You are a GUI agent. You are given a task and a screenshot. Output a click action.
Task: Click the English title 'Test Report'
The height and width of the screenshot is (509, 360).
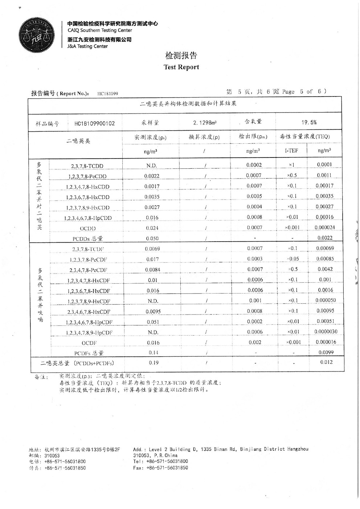(181, 67)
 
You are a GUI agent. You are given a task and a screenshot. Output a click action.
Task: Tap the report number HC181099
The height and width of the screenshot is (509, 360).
(108, 94)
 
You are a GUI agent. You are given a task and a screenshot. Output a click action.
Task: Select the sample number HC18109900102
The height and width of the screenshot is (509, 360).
(94, 123)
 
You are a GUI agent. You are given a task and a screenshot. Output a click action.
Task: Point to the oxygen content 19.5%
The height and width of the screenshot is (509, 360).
(309, 123)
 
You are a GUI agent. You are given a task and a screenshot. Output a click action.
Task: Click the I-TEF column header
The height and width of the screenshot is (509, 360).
(291, 150)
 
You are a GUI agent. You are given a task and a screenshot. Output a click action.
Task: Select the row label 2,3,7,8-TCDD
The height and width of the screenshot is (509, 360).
(87, 166)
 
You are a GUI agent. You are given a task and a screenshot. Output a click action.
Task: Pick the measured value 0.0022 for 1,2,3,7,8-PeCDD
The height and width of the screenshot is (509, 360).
(152, 176)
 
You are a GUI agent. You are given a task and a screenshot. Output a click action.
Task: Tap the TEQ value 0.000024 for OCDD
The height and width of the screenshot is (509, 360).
(325, 227)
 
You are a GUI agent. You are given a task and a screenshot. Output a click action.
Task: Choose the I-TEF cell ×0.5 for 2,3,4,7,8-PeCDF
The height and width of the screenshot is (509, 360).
(292, 269)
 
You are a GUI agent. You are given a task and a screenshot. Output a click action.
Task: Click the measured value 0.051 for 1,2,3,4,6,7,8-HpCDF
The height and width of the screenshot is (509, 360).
(153, 322)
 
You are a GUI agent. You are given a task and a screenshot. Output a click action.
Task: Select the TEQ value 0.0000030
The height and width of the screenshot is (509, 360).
(326, 332)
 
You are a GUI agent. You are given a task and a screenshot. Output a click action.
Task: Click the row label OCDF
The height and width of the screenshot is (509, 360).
(89, 343)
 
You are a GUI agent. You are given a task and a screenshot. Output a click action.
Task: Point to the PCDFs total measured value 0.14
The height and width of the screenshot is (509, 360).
(153, 353)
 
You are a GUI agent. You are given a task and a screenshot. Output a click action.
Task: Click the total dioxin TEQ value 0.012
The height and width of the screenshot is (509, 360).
(326, 362)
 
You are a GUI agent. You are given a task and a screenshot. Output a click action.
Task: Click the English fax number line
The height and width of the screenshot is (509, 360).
(160, 468)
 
